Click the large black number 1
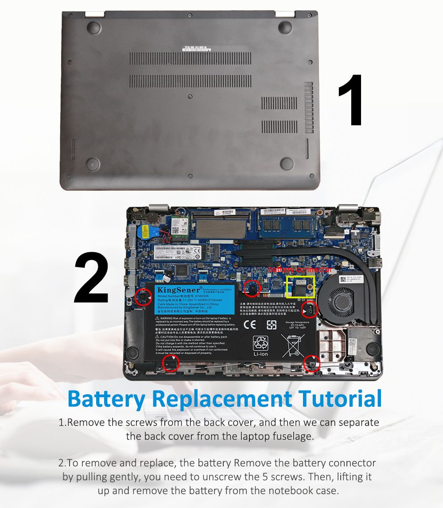[352, 101]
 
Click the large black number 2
[92, 278]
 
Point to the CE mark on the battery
[250, 325]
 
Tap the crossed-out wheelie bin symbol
[293, 345]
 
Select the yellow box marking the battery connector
[301, 287]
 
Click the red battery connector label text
[300, 270]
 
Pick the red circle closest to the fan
[309, 310]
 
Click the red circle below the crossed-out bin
[312, 364]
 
